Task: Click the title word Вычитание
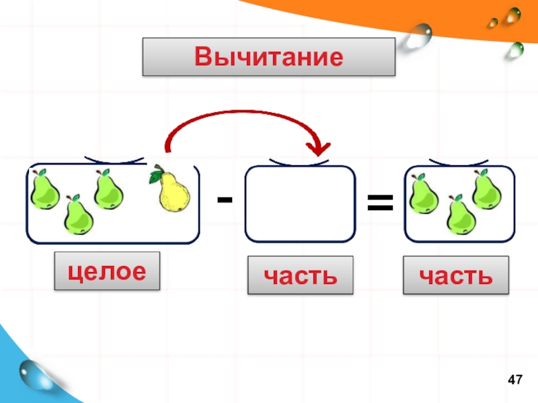pos(268,56)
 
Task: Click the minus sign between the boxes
pos(225,199)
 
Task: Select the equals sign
pos(380,201)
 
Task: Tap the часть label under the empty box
pos(300,275)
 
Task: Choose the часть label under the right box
pos(455,275)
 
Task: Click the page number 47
pos(515,380)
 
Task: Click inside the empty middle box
pos(300,204)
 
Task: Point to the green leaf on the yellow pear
pos(157,176)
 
